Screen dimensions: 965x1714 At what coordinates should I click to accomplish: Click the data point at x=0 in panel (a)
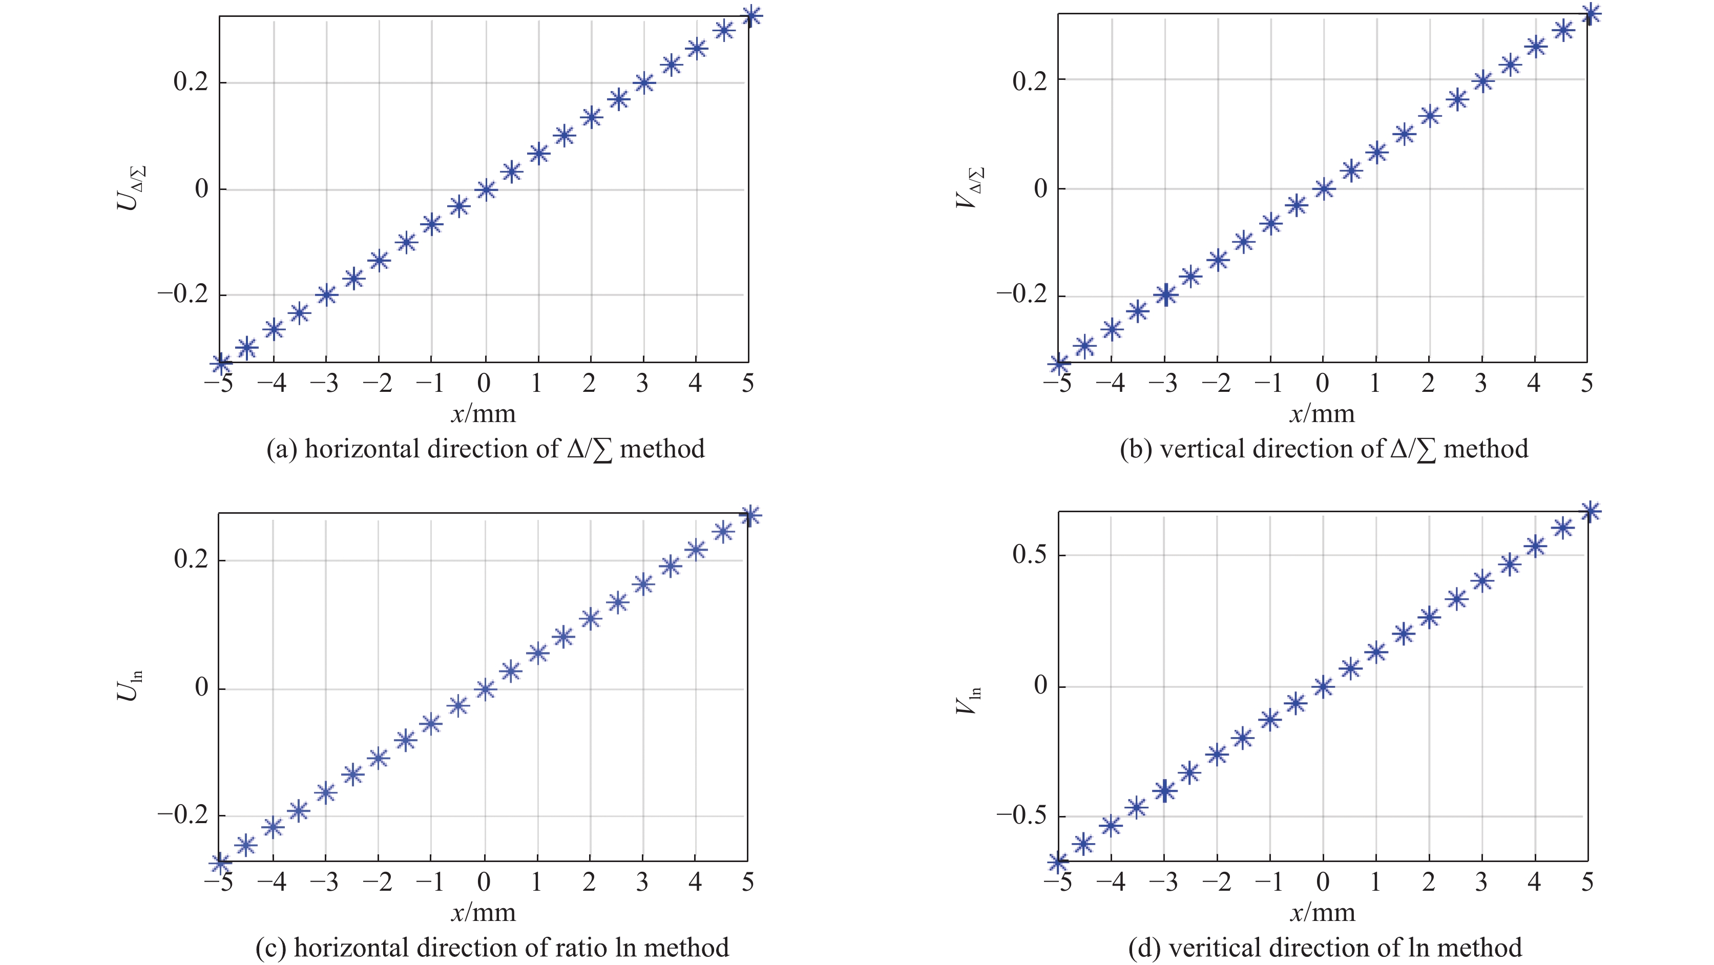point(485,190)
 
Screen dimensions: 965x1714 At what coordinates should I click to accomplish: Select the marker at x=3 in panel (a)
point(643,83)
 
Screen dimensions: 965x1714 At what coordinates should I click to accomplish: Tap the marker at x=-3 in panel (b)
point(1164,295)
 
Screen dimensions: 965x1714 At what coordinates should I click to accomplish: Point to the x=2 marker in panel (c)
point(590,619)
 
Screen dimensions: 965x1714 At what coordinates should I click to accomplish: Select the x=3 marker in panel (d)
point(1482,580)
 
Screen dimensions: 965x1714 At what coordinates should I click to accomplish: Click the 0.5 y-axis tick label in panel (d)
point(1029,554)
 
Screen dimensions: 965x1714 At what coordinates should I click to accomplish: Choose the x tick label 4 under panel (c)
point(695,883)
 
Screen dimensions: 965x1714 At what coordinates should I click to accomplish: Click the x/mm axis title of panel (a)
point(484,414)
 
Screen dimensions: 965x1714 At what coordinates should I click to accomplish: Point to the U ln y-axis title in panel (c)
point(130,685)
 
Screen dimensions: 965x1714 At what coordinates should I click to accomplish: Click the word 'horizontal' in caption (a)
point(363,449)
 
